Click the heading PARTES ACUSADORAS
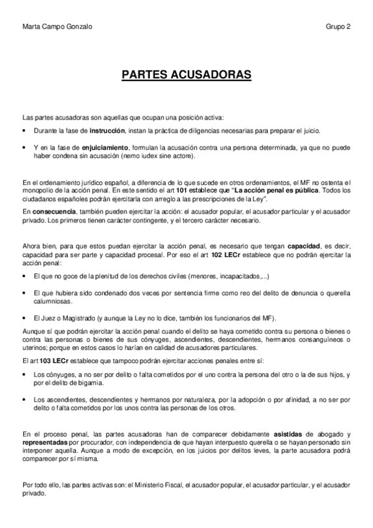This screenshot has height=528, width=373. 186,75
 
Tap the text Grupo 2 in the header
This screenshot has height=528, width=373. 338,27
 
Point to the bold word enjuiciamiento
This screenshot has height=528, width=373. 105,148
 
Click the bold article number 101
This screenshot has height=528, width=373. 181,189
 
